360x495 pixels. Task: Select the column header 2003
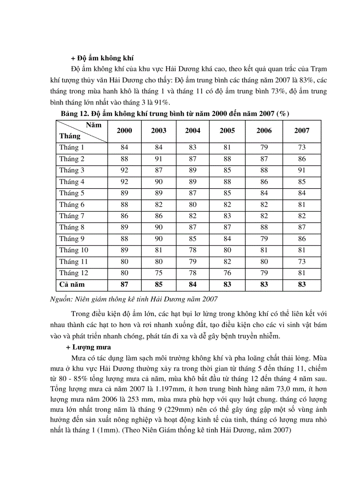159,130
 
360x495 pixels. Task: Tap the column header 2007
302,130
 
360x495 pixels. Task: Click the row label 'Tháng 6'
72,205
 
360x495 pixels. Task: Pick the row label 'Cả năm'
72,285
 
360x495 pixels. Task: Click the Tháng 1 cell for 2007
302,147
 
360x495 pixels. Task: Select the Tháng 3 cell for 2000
124,170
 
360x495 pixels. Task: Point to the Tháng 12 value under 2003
159,273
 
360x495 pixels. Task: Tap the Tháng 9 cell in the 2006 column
264,239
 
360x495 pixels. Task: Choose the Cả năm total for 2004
193,285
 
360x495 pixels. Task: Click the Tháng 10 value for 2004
193,250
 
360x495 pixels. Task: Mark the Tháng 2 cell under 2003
159,159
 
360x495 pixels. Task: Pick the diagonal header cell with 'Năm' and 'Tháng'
82,130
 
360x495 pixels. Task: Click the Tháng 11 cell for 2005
227,262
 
